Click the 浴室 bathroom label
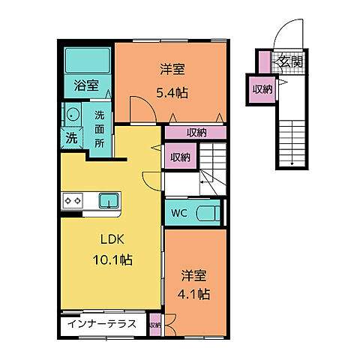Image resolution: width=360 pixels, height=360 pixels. [85, 86]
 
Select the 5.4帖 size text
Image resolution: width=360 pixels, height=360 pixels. [172, 93]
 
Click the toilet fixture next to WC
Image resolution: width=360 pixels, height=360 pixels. [208, 213]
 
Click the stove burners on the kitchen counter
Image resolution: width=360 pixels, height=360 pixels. [73, 200]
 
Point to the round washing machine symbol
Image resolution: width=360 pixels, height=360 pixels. [73, 115]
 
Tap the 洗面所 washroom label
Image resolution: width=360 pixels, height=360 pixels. [100, 129]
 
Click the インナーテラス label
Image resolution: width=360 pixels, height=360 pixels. [102, 325]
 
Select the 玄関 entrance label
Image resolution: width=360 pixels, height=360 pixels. [289, 62]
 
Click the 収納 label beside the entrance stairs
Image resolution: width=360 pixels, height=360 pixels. [262, 89]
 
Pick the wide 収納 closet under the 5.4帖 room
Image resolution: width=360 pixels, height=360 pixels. [195, 133]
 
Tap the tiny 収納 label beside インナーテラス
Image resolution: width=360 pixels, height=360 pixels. [154, 325]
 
